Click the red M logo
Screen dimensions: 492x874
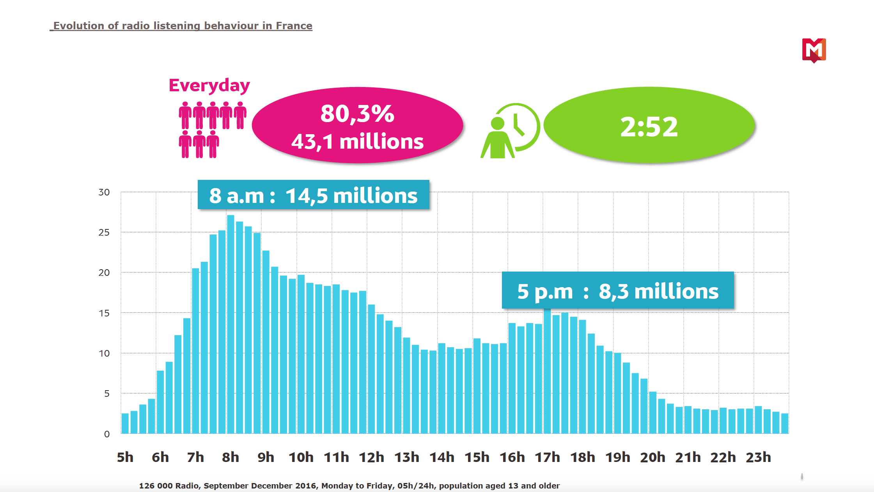(814, 50)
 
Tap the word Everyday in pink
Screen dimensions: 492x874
(209, 85)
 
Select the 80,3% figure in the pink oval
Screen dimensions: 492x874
(357, 114)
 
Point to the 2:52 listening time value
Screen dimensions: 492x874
(649, 127)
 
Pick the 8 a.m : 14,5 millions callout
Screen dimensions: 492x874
(313, 195)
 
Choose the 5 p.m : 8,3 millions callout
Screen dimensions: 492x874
(618, 291)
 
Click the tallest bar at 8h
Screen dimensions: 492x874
(230, 324)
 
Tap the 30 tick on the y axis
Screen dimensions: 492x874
(104, 192)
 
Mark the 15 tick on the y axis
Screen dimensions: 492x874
(104, 313)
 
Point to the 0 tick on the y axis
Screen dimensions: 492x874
(106, 434)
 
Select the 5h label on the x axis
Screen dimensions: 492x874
(125, 457)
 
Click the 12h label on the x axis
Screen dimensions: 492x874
(371, 457)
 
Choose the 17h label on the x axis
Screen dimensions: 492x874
(547, 457)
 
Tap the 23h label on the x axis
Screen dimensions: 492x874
(758, 457)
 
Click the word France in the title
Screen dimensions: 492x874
(294, 26)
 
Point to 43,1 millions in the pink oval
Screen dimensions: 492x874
(357, 141)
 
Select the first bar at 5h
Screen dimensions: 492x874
(125, 423)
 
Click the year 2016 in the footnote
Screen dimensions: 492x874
(306, 486)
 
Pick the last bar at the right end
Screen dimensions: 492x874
(785, 423)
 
